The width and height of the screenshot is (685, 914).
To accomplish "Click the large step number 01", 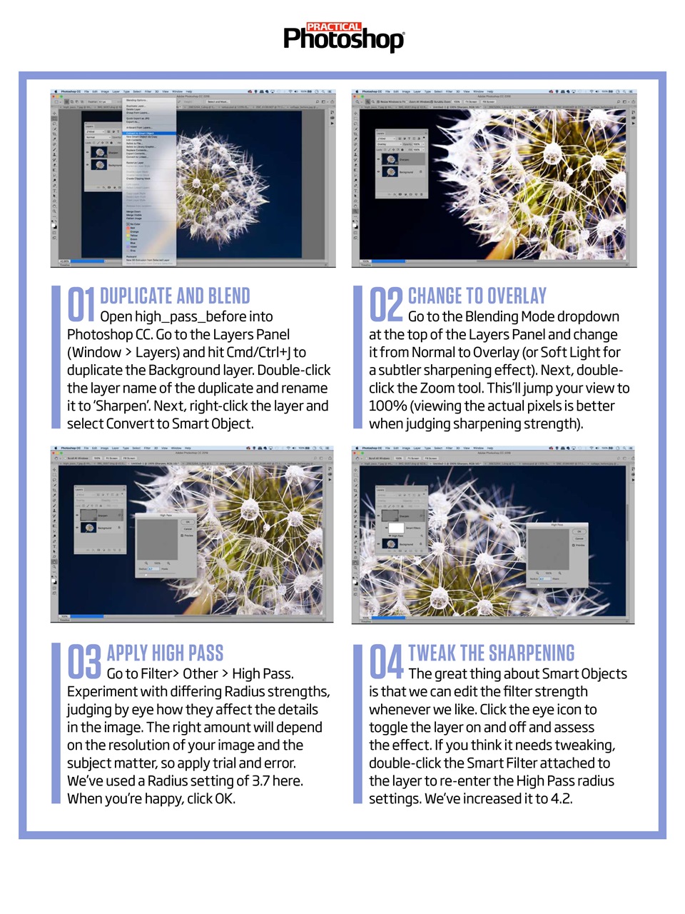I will (x=81, y=305).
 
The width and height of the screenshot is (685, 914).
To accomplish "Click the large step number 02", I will (x=386, y=305).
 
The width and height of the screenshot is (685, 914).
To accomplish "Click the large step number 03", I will (x=84, y=662).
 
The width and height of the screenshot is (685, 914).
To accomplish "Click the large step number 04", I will (x=386, y=662).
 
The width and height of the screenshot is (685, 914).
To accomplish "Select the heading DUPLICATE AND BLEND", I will (x=175, y=296).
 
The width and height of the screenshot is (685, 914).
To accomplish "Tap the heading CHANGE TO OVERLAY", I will (x=477, y=296).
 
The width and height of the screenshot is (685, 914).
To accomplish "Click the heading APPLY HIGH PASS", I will (x=165, y=653).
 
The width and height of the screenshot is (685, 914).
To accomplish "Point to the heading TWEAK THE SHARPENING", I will (x=491, y=653).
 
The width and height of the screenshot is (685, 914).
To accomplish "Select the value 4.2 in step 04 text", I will (x=561, y=798).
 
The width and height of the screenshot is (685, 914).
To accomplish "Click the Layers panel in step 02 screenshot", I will (x=400, y=163).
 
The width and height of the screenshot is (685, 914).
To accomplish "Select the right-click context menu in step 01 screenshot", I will (x=149, y=179).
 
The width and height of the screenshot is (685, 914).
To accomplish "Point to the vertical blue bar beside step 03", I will (x=56, y=723).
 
